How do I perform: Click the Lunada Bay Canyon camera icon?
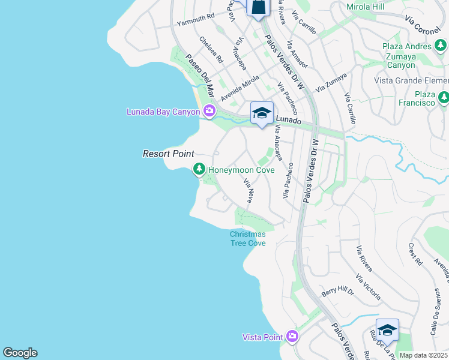click(209, 110)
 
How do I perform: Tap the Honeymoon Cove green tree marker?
click(199, 170)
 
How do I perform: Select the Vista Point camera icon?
click(292, 336)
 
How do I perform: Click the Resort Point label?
click(169, 154)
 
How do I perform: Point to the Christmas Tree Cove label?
click(247, 238)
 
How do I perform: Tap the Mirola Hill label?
click(365, 7)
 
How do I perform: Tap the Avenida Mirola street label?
click(240, 88)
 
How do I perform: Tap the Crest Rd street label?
click(414, 254)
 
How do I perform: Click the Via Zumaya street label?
click(331, 82)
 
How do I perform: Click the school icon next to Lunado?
click(262, 113)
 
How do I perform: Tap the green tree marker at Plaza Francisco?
click(444, 97)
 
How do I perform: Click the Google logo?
click(20, 353)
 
